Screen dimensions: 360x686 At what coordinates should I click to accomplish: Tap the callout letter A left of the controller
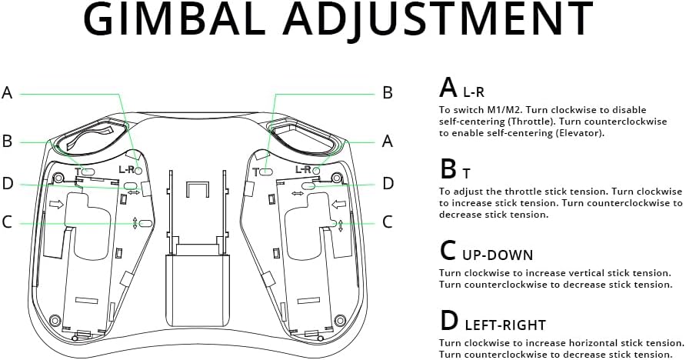(7, 93)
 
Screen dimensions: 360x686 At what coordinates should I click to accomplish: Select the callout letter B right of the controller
(388, 93)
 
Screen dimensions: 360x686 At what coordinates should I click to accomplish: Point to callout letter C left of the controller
(7, 222)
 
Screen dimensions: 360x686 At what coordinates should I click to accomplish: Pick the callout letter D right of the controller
(388, 183)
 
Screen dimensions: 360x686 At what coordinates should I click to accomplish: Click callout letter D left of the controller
(7, 183)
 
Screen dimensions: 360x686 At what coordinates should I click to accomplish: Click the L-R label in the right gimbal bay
(303, 169)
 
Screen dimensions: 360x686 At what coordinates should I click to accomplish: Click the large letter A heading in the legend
(448, 87)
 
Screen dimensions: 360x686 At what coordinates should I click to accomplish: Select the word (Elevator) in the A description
(576, 133)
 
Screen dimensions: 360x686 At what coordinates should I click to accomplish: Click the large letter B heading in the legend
(448, 168)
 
